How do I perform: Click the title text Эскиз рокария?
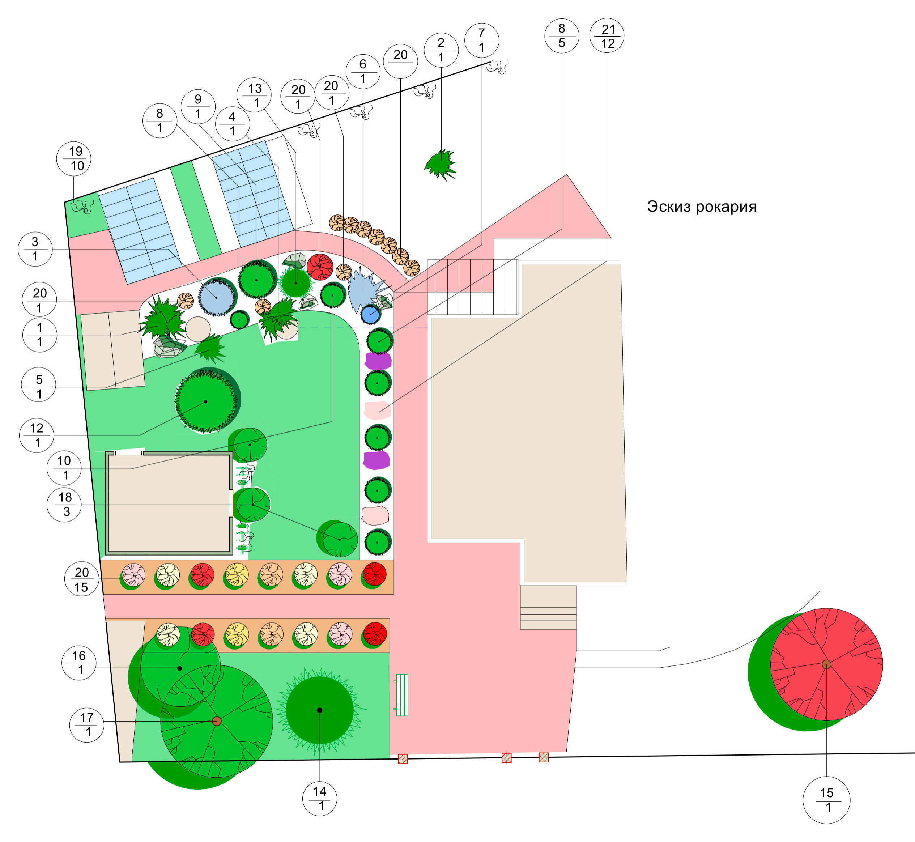(702, 207)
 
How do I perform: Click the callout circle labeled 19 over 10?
(74, 158)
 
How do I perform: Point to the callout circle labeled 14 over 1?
(320, 798)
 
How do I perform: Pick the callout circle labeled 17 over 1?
(86, 724)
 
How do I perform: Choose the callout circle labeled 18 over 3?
(64, 505)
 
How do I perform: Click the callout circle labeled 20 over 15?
(82, 579)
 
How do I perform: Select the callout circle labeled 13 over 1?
(254, 95)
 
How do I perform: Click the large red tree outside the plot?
(826, 664)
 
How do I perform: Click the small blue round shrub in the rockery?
(370, 314)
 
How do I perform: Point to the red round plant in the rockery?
(320, 267)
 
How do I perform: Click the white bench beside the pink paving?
(401, 695)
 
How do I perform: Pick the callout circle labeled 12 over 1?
(37, 435)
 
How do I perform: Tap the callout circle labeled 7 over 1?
(482, 40)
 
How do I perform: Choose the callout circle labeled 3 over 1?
(35, 249)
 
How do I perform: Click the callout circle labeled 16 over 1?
(79, 663)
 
